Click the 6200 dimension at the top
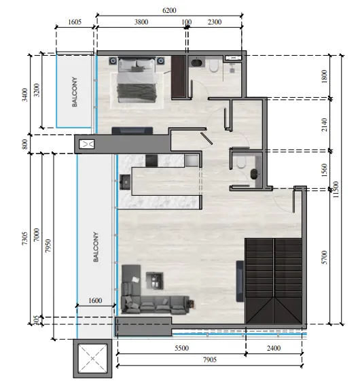click(169, 10)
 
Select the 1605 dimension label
click(75, 22)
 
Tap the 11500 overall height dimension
click(336, 190)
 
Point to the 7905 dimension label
click(210, 359)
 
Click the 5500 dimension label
click(181, 348)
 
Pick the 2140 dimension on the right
click(325, 125)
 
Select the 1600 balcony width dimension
click(95, 300)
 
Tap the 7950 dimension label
click(48, 246)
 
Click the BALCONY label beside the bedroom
click(74, 92)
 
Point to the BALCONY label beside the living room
click(96, 247)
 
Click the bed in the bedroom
click(137, 80)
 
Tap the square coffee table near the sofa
click(155, 281)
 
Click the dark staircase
click(273, 281)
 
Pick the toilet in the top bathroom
click(214, 66)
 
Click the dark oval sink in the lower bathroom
click(254, 174)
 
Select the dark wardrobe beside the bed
click(178, 77)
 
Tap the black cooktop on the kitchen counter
click(151, 160)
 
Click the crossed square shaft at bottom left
click(92, 358)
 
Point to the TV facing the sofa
click(240, 281)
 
